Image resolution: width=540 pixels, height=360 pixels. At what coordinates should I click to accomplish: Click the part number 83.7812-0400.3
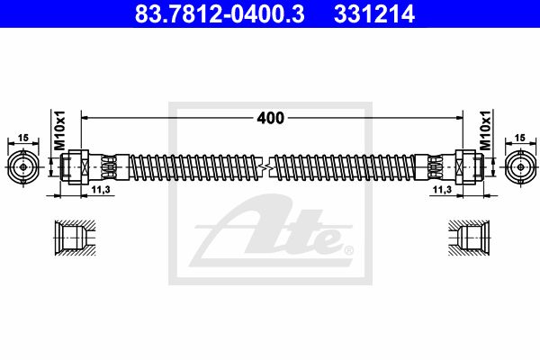220,13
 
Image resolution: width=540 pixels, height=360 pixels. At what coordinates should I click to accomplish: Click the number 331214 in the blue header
374,13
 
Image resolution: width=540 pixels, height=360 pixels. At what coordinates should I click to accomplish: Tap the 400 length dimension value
271,118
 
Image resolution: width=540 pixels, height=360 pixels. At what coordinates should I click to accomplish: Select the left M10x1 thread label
60,130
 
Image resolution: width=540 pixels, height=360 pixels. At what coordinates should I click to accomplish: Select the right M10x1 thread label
485,130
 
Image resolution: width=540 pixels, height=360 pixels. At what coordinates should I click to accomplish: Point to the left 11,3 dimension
101,190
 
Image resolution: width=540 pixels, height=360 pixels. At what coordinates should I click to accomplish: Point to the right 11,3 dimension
442,190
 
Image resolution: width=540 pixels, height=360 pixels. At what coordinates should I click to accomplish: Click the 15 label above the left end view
23,138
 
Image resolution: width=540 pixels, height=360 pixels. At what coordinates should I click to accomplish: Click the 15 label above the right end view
519,138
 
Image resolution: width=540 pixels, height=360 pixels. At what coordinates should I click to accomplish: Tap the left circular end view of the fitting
23,167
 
